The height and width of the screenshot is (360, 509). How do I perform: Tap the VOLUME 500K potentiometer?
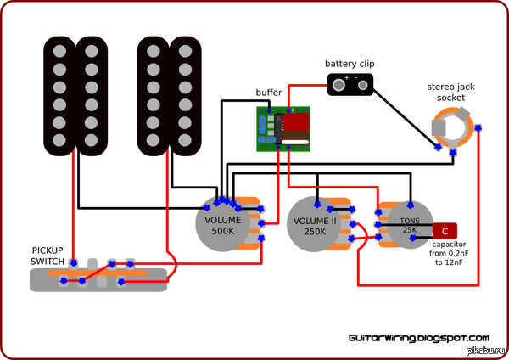tap(222, 225)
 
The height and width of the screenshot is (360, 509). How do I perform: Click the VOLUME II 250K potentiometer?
tap(315, 225)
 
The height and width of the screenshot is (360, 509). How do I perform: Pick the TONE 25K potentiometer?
tap(410, 225)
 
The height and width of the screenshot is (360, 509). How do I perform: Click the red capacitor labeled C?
tap(445, 230)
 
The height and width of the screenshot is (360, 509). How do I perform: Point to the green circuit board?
tap(283, 129)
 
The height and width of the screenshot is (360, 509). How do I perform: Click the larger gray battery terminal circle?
tap(339, 84)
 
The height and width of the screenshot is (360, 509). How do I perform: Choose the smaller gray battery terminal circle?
tap(363, 84)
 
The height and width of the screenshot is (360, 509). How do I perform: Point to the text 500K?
tap(222, 231)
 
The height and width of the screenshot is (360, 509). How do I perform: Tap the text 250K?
tap(315, 231)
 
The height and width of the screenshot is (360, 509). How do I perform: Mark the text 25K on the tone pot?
tap(410, 230)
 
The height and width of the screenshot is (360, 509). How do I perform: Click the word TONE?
tap(410, 222)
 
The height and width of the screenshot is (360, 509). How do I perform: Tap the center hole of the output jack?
tap(458, 127)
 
